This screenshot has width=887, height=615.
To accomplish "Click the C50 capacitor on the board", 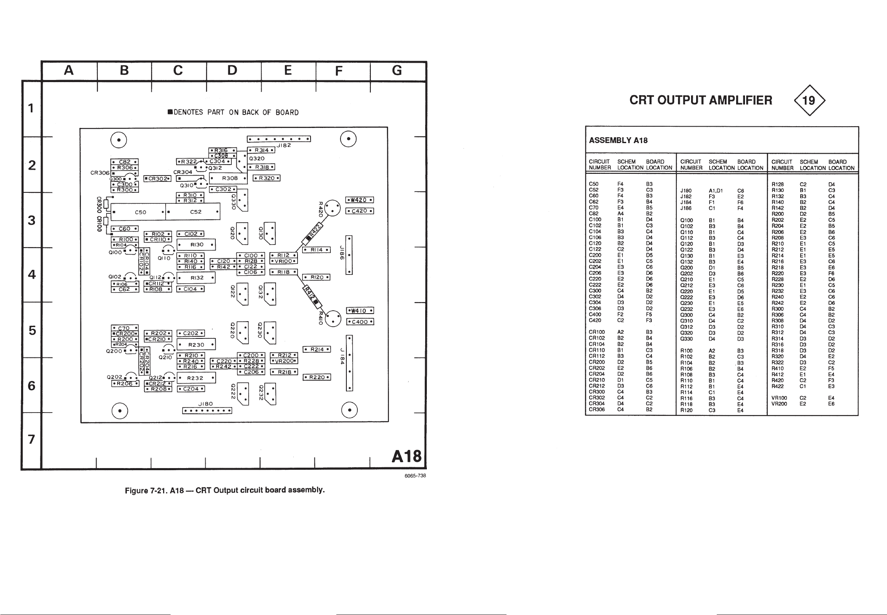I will tap(139, 212).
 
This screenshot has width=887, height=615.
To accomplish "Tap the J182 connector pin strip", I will tap(279, 139).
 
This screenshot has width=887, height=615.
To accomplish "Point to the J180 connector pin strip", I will tap(207, 410).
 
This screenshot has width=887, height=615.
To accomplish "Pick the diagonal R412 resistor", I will tap(313, 293).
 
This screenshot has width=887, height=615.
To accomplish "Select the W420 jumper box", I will tap(360, 200).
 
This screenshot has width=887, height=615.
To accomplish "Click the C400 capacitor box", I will tap(360, 322).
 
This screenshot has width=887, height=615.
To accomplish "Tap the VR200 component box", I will tap(284, 361).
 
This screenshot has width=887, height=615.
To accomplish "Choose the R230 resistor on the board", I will tap(196, 344).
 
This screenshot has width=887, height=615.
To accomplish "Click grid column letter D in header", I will tap(232, 70).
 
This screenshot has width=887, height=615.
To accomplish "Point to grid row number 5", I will tap(31, 330).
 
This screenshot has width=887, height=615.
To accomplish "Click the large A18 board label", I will tap(406, 456).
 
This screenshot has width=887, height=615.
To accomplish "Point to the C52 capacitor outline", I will tap(195, 212).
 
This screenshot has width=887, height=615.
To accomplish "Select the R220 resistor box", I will tap(317, 377).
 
